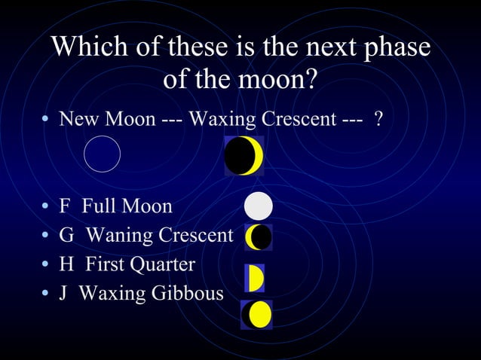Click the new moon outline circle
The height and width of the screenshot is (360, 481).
(102, 154)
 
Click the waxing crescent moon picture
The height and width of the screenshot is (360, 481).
(244, 156)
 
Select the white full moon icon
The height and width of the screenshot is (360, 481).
(259, 206)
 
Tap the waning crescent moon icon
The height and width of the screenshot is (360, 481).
(258, 237)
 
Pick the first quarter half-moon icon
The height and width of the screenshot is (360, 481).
(254, 278)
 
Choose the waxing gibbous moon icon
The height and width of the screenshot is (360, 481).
(257, 314)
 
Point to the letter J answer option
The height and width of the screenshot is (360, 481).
(64, 293)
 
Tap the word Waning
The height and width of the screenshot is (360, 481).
(117, 236)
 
